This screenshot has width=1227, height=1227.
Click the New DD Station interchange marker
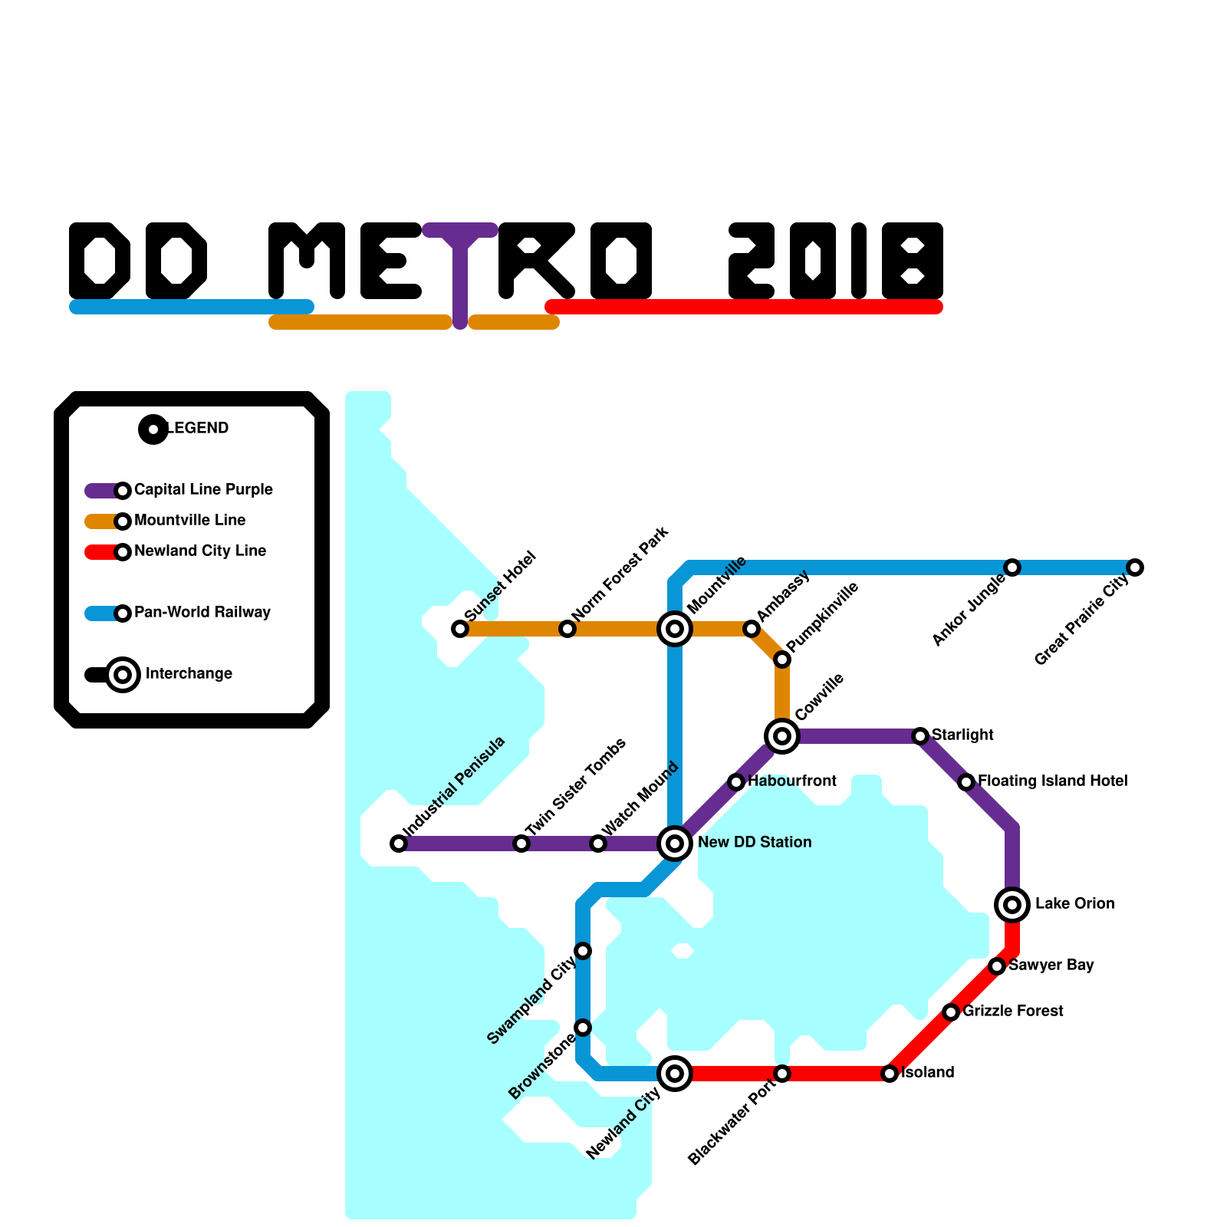tap(675, 844)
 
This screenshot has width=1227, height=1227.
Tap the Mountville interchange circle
tap(675, 629)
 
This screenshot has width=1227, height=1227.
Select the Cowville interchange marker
tap(782, 736)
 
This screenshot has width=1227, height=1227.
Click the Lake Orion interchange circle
tap(1012, 905)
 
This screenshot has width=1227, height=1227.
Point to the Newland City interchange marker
tap(675, 1074)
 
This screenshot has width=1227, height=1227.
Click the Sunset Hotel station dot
tap(460, 629)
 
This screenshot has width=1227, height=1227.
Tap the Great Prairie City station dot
tap(1135, 567)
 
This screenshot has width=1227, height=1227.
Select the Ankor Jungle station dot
tap(1012, 567)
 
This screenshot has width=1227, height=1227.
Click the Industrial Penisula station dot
tap(399, 844)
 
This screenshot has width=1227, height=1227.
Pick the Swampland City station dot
tap(583, 951)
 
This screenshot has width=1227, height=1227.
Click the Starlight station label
tap(962, 735)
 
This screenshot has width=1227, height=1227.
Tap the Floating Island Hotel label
tap(1052, 781)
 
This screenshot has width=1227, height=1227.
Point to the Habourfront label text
tap(792, 781)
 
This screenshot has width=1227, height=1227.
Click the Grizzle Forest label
tap(1012, 1011)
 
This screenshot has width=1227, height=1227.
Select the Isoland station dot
tap(890, 1074)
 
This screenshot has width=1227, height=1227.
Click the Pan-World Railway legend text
tap(202, 612)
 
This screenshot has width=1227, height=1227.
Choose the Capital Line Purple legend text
tap(203, 489)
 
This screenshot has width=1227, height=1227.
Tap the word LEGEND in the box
tap(198, 428)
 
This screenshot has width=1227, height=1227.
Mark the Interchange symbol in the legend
tap(123, 675)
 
